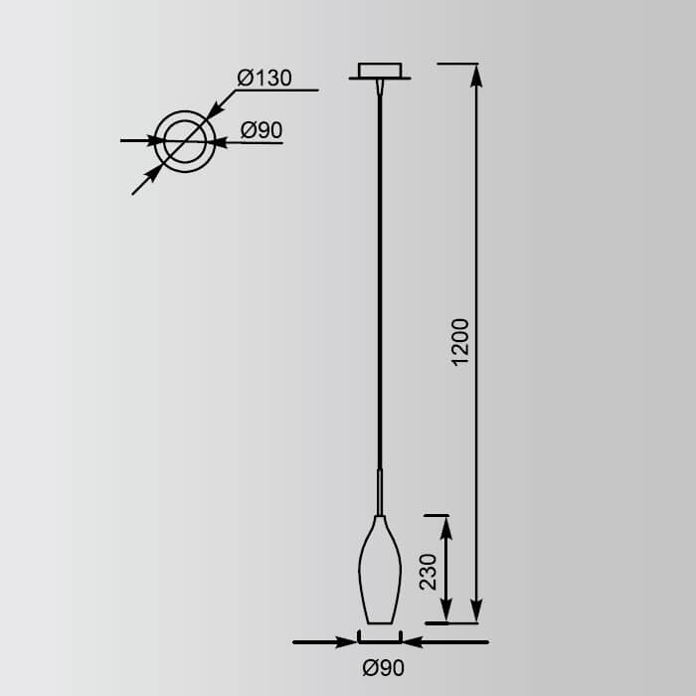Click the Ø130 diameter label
click(x=263, y=78)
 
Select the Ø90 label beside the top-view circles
click(x=262, y=130)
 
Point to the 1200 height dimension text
click(x=459, y=342)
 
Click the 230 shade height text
click(x=429, y=572)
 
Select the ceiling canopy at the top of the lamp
click(x=379, y=72)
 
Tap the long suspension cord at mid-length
click(x=379, y=278)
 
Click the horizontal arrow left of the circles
click(x=149, y=141)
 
